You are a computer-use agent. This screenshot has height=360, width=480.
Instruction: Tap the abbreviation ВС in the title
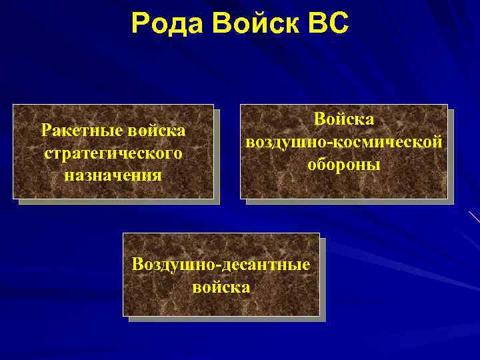point(327,23)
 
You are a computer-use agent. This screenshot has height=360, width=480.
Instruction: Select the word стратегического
point(113,153)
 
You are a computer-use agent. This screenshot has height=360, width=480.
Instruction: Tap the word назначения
point(113,175)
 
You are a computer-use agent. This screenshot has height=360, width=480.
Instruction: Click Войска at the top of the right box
point(344,120)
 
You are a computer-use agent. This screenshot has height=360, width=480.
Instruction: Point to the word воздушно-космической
point(344,142)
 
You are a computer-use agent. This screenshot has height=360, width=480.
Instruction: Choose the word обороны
point(344,165)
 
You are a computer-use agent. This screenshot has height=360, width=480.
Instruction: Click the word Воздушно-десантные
point(221,265)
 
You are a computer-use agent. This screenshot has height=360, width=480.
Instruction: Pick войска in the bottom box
point(221,287)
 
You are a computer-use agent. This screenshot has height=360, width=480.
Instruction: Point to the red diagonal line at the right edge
point(475,217)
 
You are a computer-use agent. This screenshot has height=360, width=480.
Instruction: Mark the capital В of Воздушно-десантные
point(138,265)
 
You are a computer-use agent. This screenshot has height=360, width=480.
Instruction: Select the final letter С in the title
point(338,23)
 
